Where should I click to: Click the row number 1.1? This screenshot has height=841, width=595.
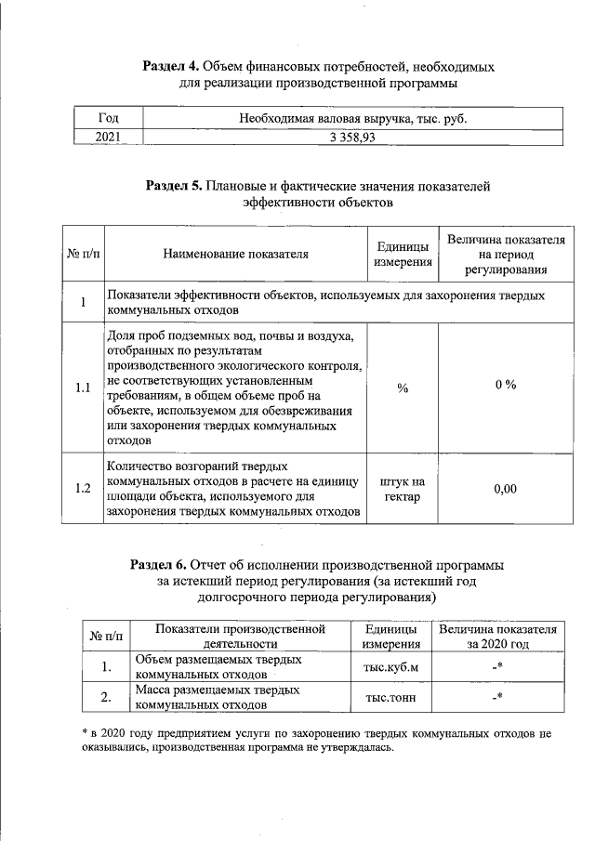click(x=83, y=388)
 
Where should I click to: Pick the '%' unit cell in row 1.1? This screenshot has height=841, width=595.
click(x=403, y=388)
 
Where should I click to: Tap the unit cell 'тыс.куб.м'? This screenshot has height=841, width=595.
click(x=390, y=666)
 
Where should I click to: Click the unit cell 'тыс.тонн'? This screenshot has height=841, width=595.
click(x=390, y=698)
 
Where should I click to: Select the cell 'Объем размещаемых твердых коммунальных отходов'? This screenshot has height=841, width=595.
click(x=218, y=666)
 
